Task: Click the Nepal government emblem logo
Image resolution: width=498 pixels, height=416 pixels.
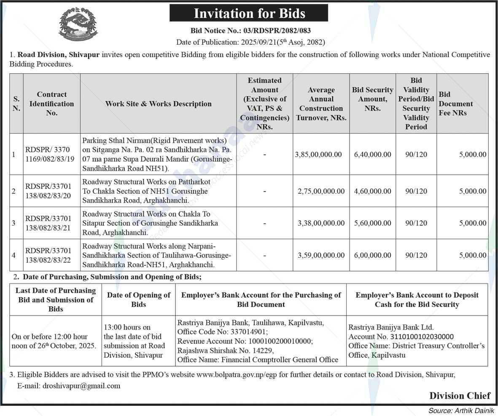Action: [x=78, y=24]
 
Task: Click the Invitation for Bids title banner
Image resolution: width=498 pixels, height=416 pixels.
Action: [x=249, y=13]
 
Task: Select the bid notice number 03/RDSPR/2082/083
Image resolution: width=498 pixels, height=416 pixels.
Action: [x=250, y=31]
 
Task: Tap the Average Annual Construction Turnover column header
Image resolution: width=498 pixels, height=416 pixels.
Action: [x=321, y=104]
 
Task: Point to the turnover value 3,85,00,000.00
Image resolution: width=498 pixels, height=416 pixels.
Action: [x=318, y=154]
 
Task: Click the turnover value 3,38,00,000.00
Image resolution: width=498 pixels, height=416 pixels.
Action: [x=321, y=223]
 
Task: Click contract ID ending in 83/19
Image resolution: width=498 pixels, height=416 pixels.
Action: [x=50, y=154]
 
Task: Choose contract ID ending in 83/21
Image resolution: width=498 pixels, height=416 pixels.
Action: [x=48, y=223]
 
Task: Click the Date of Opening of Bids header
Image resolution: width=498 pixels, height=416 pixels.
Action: [x=138, y=300]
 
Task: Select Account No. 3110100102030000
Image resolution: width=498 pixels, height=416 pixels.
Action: [x=401, y=337]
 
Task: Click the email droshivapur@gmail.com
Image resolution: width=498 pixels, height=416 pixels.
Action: [x=81, y=386]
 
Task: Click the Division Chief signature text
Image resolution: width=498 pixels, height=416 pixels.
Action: [x=460, y=395]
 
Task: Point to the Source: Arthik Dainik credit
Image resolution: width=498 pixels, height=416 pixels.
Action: [x=461, y=411]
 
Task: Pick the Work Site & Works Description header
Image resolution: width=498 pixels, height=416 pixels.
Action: [x=158, y=104]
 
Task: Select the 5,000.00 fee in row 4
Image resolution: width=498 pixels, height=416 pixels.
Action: [x=472, y=255]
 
